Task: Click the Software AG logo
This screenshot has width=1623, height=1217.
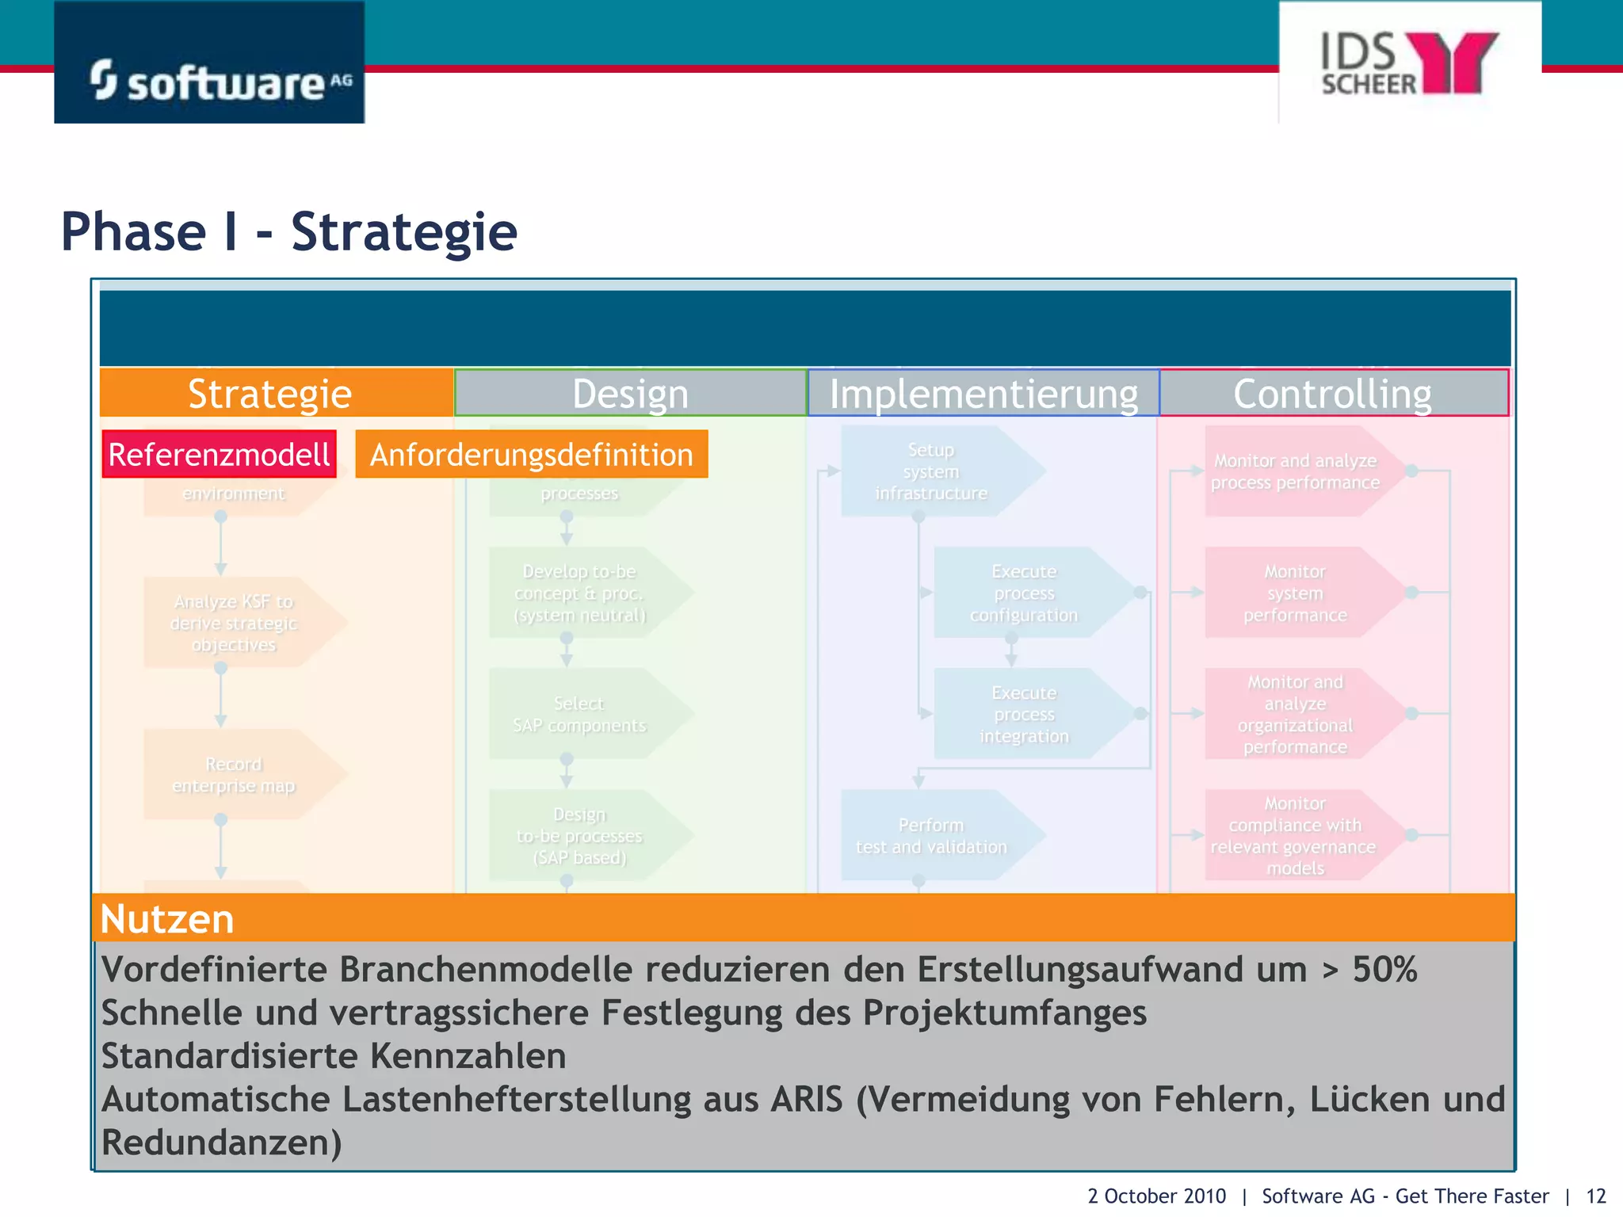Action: point(209,63)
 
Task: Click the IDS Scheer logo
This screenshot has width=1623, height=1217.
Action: point(1409,63)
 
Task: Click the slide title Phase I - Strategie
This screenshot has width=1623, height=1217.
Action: point(289,232)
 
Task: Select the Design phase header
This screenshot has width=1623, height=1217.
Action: point(630,393)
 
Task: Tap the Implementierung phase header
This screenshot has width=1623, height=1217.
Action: point(983,393)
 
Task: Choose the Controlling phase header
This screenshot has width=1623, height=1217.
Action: point(1333,393)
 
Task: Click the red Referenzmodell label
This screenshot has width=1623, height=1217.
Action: point(220,455)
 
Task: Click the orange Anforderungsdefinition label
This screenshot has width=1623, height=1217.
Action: point(531,455)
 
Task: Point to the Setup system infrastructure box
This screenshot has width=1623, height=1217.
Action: point(931,471)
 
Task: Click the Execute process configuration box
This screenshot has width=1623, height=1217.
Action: point(1024,593)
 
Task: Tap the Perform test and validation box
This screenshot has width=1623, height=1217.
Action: point(931,835)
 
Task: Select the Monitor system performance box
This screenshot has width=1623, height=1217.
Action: point(1295,593)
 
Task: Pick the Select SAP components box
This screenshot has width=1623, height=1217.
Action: point(579,714)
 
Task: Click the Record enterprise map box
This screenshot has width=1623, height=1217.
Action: point(234,774)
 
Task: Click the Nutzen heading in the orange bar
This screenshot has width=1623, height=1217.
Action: point(167,919)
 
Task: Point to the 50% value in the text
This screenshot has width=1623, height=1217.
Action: point(1384,969)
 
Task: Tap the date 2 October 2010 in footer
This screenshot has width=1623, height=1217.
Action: point(1156,1196)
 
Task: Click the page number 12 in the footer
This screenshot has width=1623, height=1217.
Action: point(1595,1196)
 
